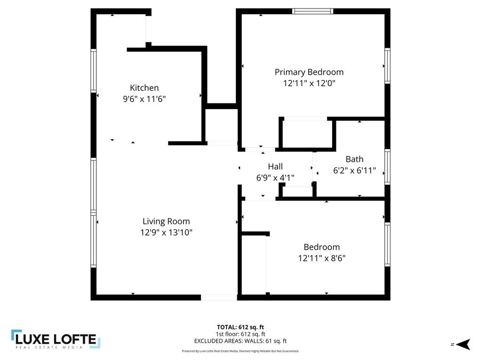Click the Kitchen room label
coord(144,88)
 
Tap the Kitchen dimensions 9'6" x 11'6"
coord(144,99)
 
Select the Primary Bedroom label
coord(309,72)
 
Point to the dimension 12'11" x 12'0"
coord(309,83)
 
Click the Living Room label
coord(166,221)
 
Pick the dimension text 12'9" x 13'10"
coord(166,232)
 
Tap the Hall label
coord(275,167)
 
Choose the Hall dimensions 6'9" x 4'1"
coord(275,178)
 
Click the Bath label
coord(354,159)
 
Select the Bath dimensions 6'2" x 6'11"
coord(354,170)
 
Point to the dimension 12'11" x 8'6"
coord(322,258)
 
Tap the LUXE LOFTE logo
coord(56,339)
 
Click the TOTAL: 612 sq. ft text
coord(240,327)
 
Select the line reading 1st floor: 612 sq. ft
coord(240,334)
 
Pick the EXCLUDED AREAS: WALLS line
coord(240,341)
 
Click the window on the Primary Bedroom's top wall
coord(312,11)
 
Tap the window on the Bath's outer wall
coord(388,167)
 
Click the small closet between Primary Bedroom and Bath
coord(307,134)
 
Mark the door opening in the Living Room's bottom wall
coord(219,298)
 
